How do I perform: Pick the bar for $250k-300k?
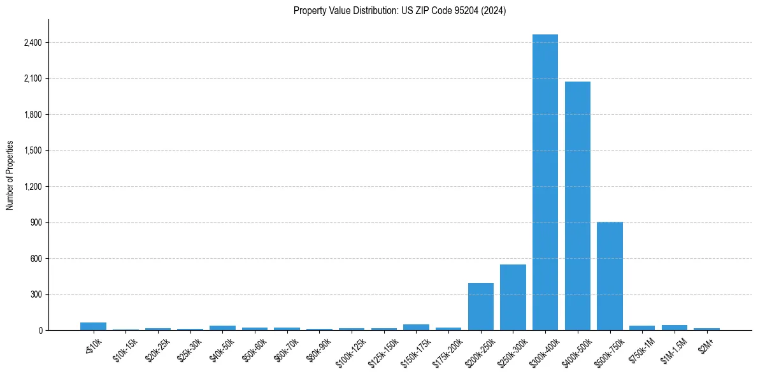click(x=513, y=297)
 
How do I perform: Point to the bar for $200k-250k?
click(x=481, y=307)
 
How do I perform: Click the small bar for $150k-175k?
click(x=416, y=328)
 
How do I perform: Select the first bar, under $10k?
click(x=93, y=326)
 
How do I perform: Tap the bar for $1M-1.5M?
click(x=674, y=328)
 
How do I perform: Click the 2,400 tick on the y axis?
click(x=32, y=43)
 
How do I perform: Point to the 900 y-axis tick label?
click(x=36, y=223)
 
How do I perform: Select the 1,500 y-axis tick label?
click(x=32, y=151)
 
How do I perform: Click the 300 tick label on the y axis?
click(x=36, y=295)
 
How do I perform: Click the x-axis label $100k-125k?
click(x=350, y=350)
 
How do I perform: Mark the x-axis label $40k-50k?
click(x=222, y=348)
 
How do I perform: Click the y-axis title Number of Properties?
click(x=10, y=175)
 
